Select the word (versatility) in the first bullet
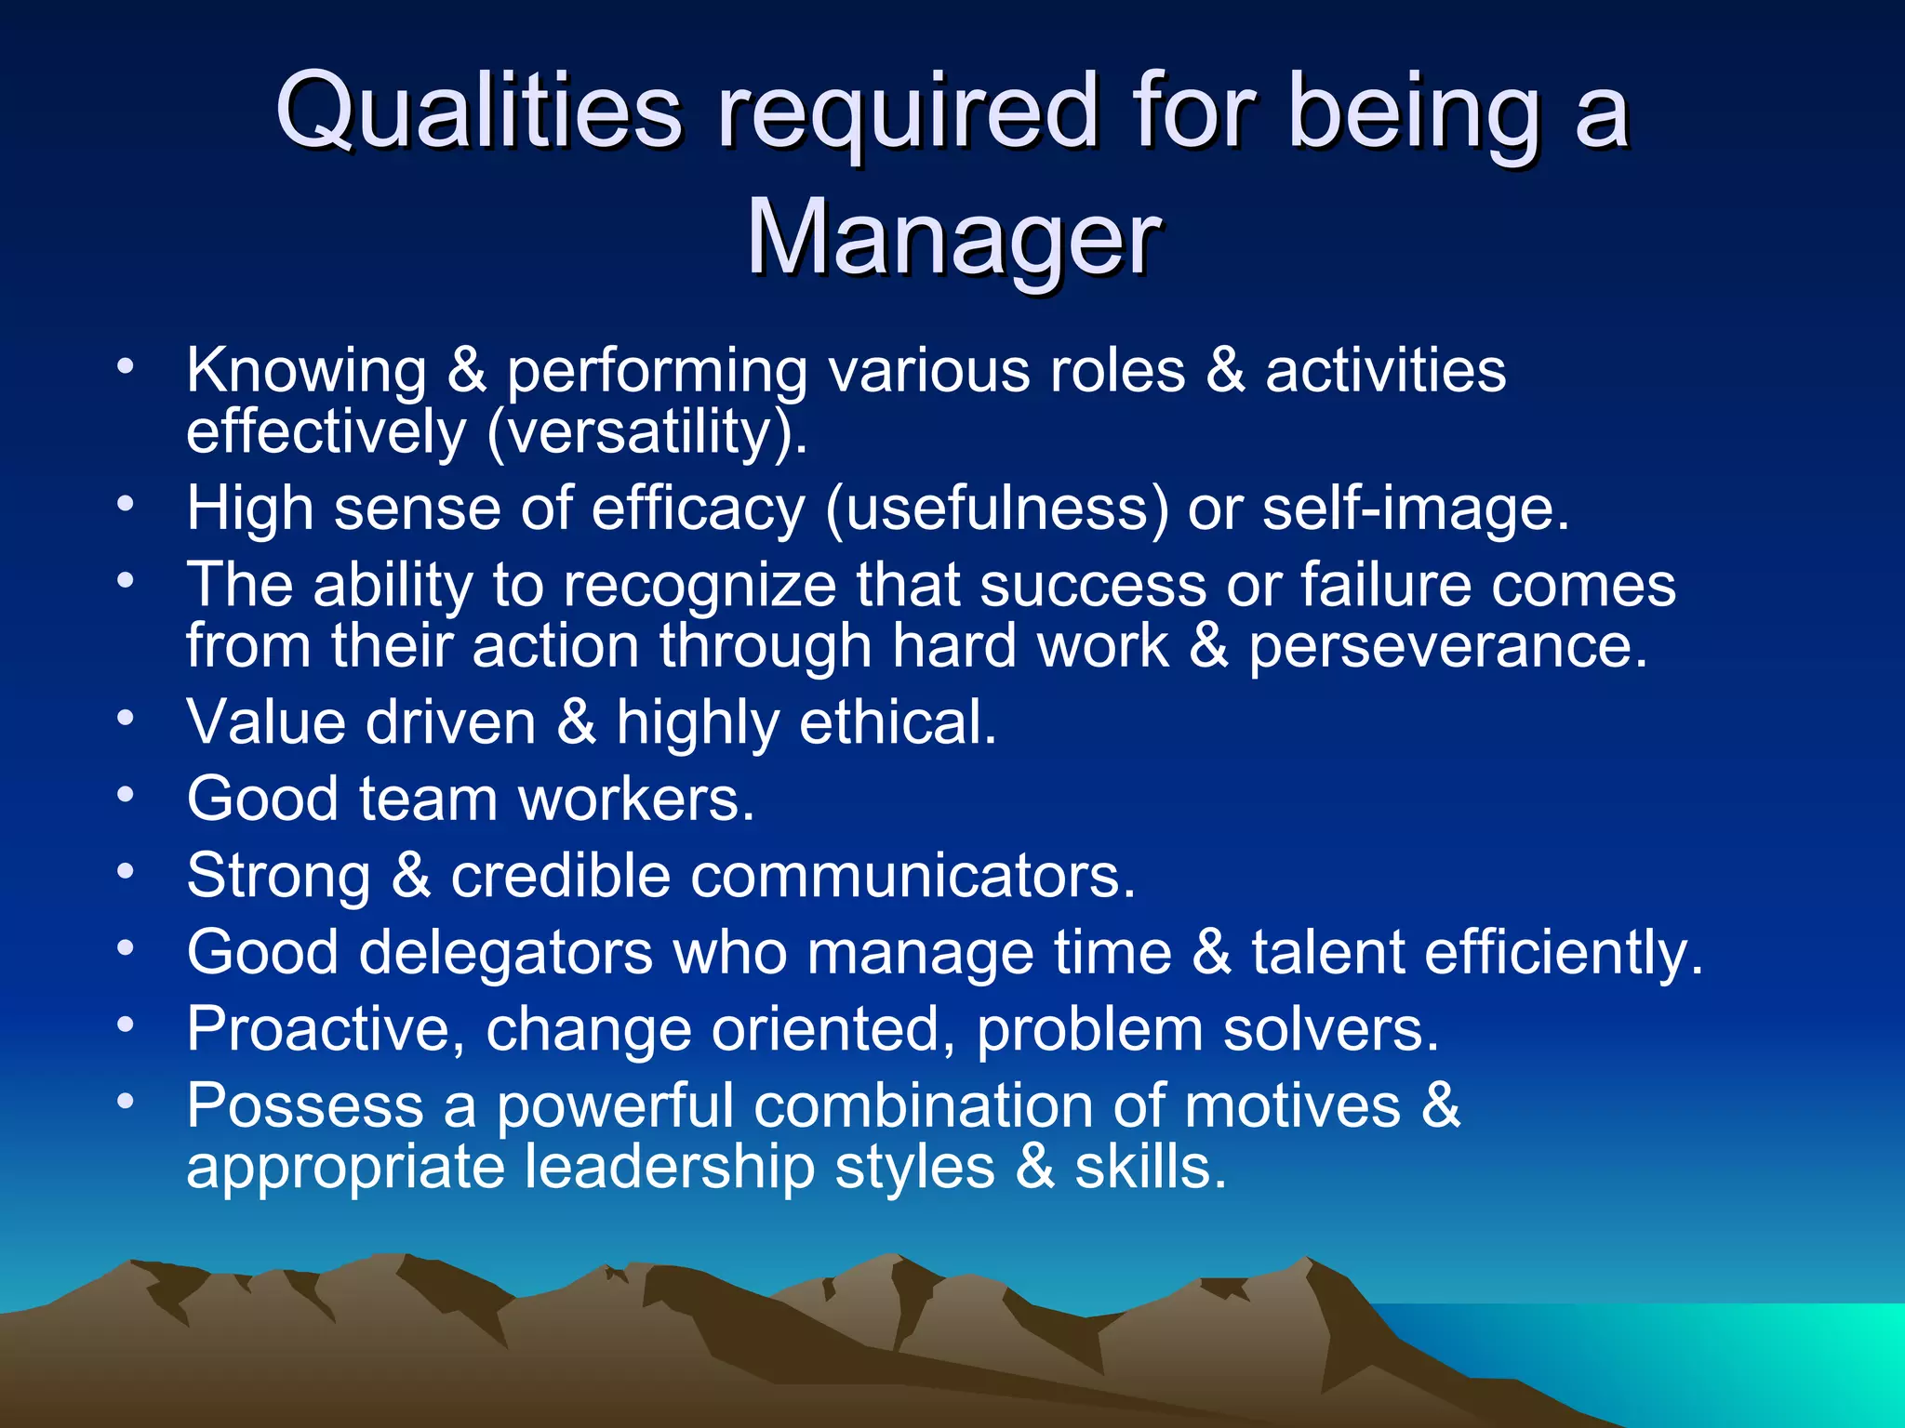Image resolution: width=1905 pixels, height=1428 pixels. click(646, 432)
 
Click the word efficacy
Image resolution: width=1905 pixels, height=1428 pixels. click(698, 509)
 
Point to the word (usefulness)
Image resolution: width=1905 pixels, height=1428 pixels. click(996, 509)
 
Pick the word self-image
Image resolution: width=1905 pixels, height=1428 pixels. click(1415, 509)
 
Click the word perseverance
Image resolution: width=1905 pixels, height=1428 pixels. click(1447, 646)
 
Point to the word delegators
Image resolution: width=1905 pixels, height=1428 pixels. click(506, 953)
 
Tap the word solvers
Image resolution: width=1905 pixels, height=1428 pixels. click(1330, 1029)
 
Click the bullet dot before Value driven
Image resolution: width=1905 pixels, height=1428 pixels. click(127, 718)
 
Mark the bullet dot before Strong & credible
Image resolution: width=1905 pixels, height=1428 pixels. click(127, 871)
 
